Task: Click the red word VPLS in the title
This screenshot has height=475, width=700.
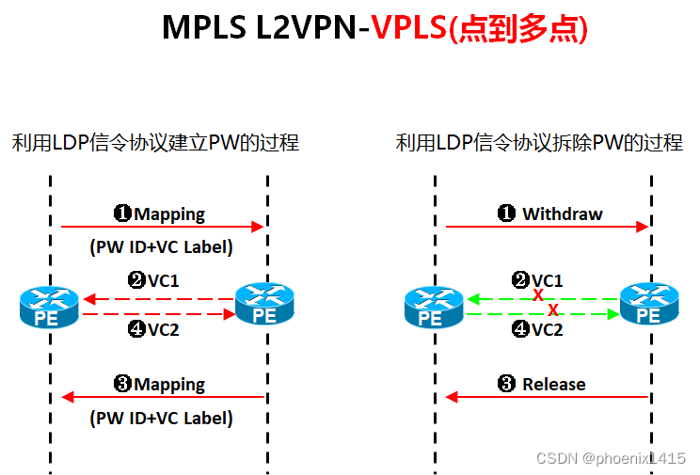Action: [408, 28]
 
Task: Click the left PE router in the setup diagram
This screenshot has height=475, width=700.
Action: [47, 307]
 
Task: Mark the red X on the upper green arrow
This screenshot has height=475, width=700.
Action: [538, 295]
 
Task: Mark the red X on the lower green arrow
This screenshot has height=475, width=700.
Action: [553, 309]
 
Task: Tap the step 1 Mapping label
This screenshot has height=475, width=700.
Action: [159, 214]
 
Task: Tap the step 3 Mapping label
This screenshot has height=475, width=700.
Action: [159, 384]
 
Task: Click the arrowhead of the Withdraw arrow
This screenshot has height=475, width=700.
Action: [644, 227]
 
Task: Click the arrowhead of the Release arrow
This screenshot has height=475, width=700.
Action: [452, 397]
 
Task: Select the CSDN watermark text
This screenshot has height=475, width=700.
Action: [611, 458]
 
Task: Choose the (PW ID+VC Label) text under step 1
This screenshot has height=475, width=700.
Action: [161, 247]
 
